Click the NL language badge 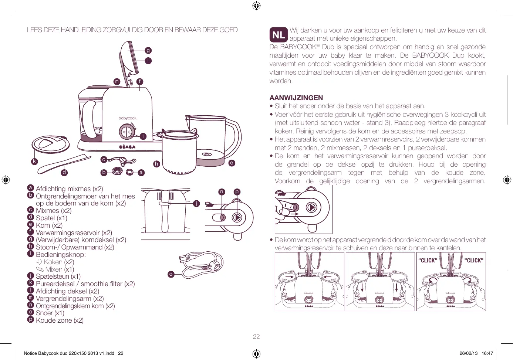click(x=279, y=34)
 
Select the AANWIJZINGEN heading click(x=296, y=98)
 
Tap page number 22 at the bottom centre click(x=256, y=336)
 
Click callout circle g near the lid click(x=148, y=51)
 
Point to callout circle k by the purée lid click(x=34, y=161)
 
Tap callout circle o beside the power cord click(x=171, y=274)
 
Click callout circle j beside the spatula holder click(x=196, y=203)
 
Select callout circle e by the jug click(x=232, y=163)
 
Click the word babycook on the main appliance click(x=127, y=118)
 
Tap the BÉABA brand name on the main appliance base click(x=127, y=147)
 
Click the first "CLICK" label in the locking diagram click(x=428, y=261)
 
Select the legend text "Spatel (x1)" click(x=51, y=218)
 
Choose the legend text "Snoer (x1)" click(x=50, y=313)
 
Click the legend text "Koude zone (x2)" click(x=60, y=320)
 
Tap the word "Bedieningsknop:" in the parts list click(x=61, y=255)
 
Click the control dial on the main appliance click(x=127, y=132)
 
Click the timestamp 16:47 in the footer click(x=487, y=353)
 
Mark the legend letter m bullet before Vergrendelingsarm click(x=31, y=298)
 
